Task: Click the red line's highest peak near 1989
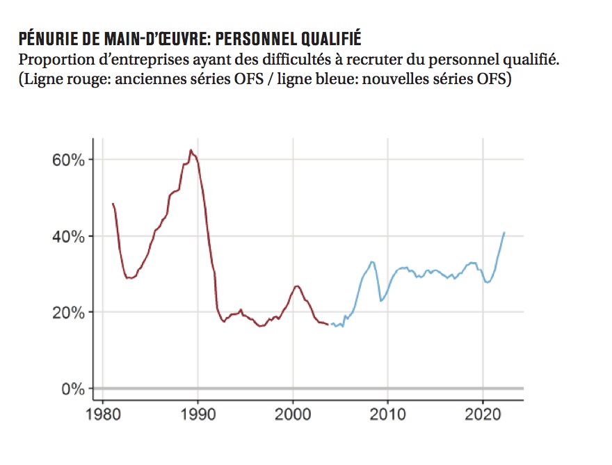[x=191, y=149]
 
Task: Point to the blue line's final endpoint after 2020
[x=504, y=232]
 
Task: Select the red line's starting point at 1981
[x=113, y=203]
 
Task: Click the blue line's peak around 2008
[x=371, y=261]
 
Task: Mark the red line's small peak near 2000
[x=297, y=286]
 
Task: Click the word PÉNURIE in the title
[x=45, y=37]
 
